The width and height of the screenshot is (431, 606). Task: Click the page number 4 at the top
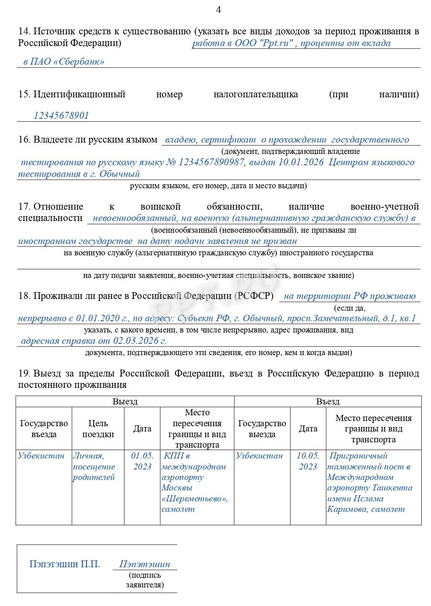(x=219, y=10)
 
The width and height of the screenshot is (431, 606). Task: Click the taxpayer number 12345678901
(x=61, y=116)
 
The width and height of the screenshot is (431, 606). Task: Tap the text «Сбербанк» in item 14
(x=78, y=62)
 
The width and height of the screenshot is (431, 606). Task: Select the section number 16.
(x=24, y=140)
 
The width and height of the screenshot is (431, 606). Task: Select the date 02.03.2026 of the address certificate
(x=136, y=341)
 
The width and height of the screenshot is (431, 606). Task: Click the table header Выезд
(x=125, y=402)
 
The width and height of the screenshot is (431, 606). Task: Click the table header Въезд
(x=328, y=402)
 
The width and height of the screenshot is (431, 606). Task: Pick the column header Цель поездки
(x=98, y=429)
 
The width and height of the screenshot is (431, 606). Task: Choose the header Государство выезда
(x=262, y=429)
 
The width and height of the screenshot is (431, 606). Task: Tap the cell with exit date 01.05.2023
(x=142, y=461)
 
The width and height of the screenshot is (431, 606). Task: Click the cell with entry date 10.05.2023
(x=308, y=461)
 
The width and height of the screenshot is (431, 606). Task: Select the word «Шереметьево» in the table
(x=194, y=499)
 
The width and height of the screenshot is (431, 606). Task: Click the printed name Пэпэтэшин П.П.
(x=65, y=564)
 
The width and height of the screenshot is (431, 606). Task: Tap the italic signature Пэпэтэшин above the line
(x=145, y=564)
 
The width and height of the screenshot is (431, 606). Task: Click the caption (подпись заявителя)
(x=145, y=580)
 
